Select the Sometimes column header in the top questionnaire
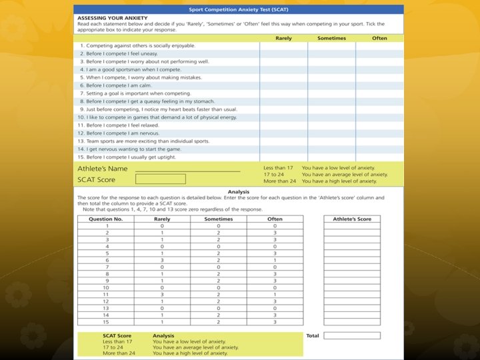pyautogui.click(x=331, y=38)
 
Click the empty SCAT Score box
pyautogui.click(x=161, y=179)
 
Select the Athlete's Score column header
pyautogui.click(x=352, y=219)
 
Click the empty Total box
pyautogui.click(x=352, y=335)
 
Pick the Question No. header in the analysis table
pyautogui.click(x=105, y=219)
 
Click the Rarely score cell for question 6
pyautogui.click(x=162, y=260)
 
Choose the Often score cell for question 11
pyautogui.click(x=275, y=295)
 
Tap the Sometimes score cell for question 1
pyautogui.click(x=219, y=225)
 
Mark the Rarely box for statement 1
pyautogui.click(x=283, y=45)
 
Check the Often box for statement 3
pyautogui.click(x=379, y=61)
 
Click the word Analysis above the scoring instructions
pyautogui.click(x=238, y=192)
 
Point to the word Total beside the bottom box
pyautogui.click(x=313, y=335)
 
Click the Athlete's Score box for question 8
pyautogui.click(x=352, y=274)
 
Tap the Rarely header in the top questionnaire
pyautogui.click(x=283, y=38)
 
